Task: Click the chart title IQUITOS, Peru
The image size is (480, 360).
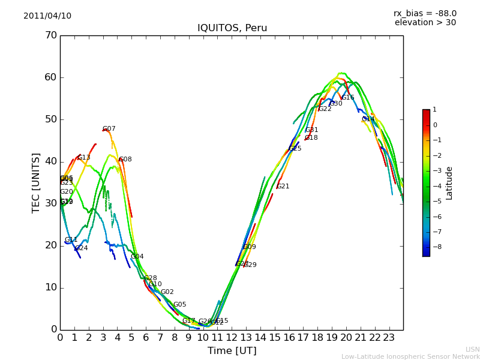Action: coord(232,28)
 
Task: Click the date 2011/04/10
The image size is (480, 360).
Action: coord(47,16)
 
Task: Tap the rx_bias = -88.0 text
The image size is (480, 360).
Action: coord(425,13)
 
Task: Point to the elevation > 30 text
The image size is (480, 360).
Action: coord(425,23)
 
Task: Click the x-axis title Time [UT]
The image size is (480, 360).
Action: coord(232,351)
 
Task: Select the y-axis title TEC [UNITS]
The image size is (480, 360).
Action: coord(36,182)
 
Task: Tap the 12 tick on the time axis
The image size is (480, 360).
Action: coord(232,337)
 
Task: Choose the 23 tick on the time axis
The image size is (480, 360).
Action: coord(389,337)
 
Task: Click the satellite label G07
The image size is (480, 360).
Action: coord(109,129)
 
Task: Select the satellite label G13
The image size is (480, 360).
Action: coord(84,158)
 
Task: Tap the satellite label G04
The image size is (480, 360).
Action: coord(137,257)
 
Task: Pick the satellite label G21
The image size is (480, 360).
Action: coord(283,187)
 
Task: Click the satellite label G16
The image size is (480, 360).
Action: coord(348,98)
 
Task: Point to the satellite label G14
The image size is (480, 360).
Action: coord(368,119)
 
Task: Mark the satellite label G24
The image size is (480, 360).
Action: coord(82,248)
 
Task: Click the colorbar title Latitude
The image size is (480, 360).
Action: coord(449,183)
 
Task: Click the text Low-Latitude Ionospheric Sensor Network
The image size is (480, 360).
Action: coord(410,357)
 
